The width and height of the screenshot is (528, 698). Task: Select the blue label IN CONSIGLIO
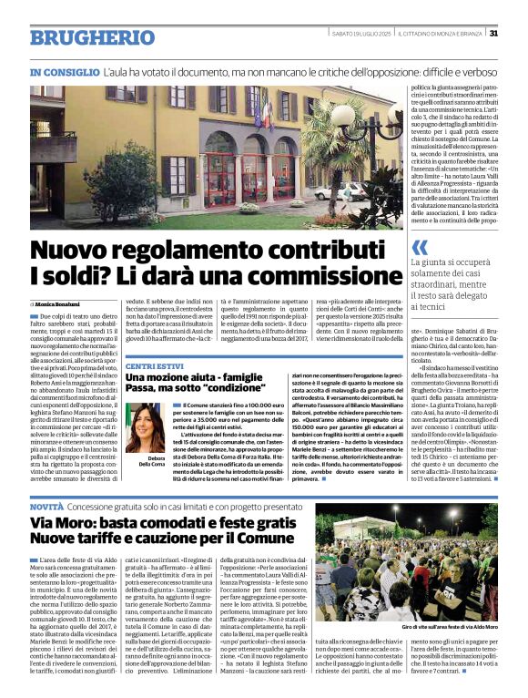coord(65,71)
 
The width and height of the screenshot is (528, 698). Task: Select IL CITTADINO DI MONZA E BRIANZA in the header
coord(444,34)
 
